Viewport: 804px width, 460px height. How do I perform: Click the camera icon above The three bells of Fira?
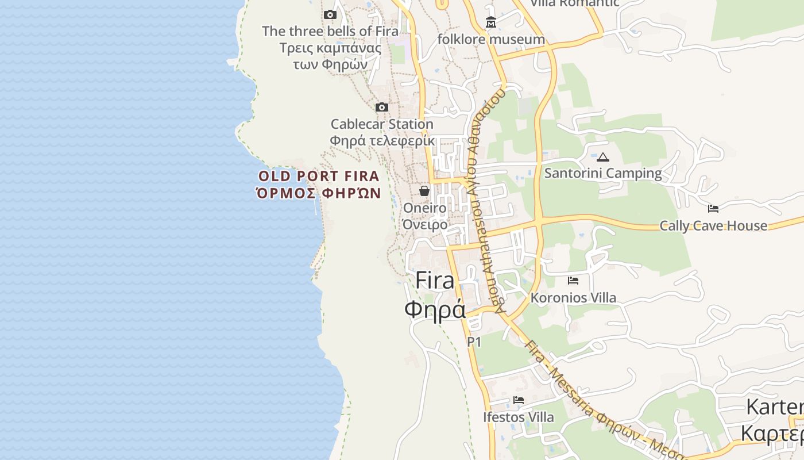coord(330,15)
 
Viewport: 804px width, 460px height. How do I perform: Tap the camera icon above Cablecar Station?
coord(382,108)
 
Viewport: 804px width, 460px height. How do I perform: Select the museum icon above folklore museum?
coord(491,23)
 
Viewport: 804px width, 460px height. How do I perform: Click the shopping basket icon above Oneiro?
coord(424,191)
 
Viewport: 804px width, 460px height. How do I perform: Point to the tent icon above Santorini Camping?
coord(602,157)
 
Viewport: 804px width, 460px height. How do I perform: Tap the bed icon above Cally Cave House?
coord(713,209)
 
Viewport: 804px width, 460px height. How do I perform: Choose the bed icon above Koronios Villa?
coord(573,281)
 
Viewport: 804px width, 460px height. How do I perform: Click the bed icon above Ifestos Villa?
coord(519,400)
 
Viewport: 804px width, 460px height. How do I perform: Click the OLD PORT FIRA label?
coord(319,176)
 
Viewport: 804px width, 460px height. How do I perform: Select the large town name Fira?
coord(435,280)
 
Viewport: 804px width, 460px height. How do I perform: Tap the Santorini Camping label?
coord(603,173)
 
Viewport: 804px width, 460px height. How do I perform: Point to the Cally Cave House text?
coord(713,225)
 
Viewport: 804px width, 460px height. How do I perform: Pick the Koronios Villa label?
coord(573,298)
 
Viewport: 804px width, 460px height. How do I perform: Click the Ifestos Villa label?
coord(519,417)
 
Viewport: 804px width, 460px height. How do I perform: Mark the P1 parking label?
coord(474,342)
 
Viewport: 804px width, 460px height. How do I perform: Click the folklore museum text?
coord(491,39)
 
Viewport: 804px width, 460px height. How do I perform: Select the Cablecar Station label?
coord(382,124)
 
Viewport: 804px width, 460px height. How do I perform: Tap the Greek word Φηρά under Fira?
coord(435,309)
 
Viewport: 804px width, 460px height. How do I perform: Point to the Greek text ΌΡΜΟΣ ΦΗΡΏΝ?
coord(319,193)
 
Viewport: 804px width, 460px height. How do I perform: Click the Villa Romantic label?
coord(574,3)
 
